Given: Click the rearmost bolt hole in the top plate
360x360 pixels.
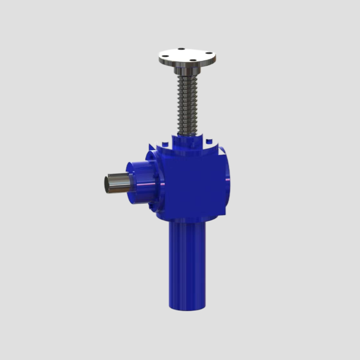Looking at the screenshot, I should pos(181,48).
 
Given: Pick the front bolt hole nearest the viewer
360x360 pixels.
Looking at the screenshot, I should pos(192,61).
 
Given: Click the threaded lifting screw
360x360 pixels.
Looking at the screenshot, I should pos(187,103).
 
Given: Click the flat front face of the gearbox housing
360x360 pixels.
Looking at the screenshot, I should pos(192,185).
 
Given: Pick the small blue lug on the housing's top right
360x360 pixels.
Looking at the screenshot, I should pos(208,142).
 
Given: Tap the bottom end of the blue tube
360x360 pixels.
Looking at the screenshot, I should pos(187,306).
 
